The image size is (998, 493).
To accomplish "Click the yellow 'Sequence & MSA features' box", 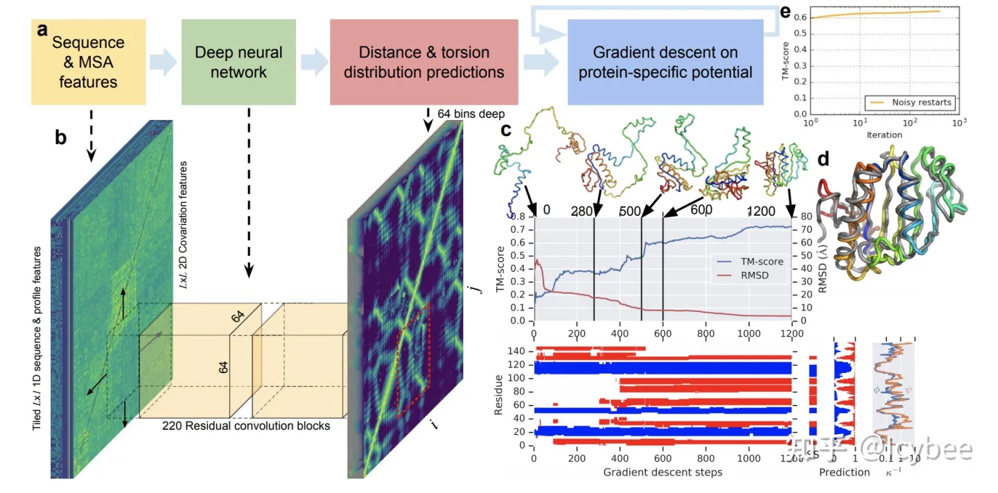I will pos(88,62).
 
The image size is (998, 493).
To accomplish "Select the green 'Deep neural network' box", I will pos(238,62).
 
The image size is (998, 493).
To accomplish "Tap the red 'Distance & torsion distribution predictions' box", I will pos(424,62).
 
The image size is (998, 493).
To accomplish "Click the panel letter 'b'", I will pos(61,137).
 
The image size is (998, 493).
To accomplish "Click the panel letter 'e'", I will pos(785,11).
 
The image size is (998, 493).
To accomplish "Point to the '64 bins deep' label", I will pos(471,112).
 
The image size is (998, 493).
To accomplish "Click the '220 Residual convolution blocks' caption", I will pos(246,425).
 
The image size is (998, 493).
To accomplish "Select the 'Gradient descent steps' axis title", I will pos(663,472).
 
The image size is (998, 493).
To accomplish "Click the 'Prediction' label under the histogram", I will pos(844,472).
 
